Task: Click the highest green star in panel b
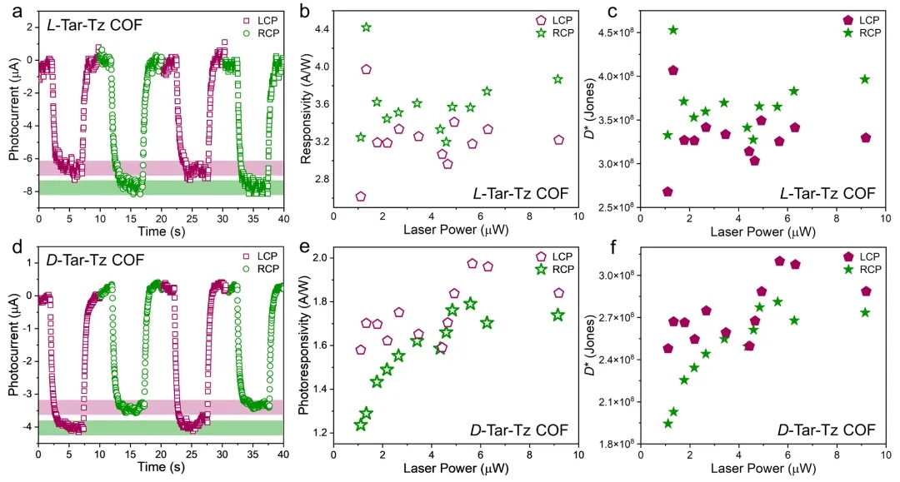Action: point(366,27)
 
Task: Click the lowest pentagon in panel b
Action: point(361,196)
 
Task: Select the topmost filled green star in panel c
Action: point(673,30)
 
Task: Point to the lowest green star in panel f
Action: point(667,424)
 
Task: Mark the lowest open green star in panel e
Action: point(361,425)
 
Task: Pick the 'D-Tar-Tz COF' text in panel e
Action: point(519,430)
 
